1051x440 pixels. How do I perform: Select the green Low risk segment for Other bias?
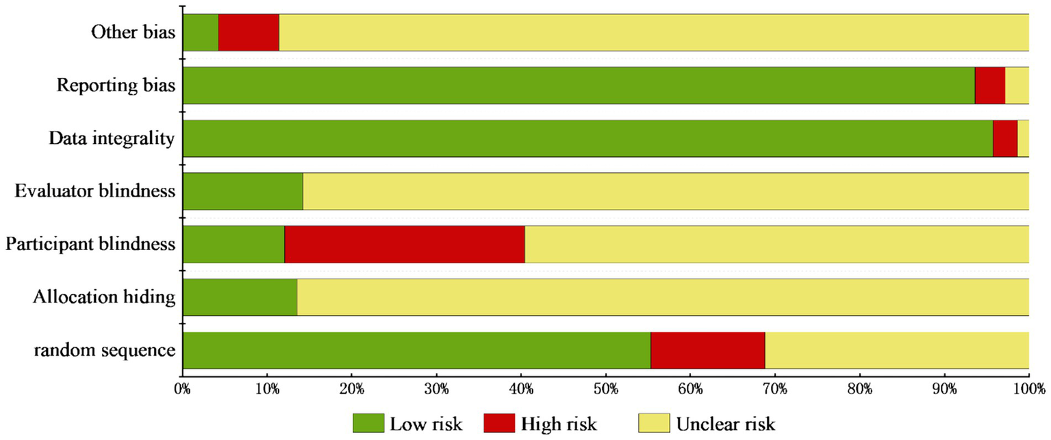(x=201, y=32)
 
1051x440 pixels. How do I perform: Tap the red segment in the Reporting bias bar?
(x=989, y=85)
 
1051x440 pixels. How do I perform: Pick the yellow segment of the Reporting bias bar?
(x=1017, y=85)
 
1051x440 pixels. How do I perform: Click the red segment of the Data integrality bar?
(x=1004, y=138)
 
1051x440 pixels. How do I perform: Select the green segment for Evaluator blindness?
(x=243, y=191)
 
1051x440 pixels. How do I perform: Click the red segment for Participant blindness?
(x=404, y=244)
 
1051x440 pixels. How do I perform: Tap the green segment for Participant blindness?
(x=233, y=244)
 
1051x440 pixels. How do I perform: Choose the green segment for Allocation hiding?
(x=240, y=297)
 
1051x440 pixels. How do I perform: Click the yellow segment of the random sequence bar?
(x=896, y=350)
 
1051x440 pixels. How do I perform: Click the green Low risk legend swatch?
(x=368, y=424)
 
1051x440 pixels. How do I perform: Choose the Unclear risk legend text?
(x=726, y=424)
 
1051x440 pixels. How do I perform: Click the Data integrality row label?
(x=112, y=138)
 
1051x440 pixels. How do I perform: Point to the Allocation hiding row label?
(x=104, y=297)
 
